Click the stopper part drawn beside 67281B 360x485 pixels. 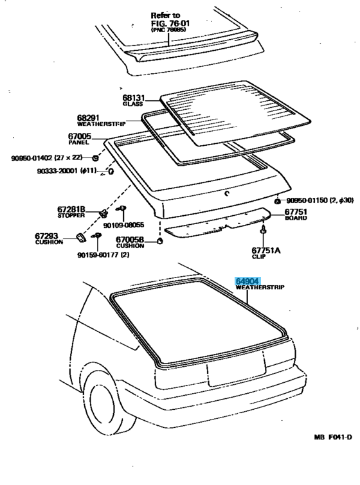pos(103,213)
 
